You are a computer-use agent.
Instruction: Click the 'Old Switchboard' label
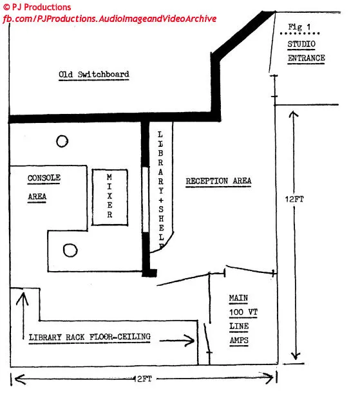point(94,74)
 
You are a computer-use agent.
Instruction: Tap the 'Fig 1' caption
point(299,27)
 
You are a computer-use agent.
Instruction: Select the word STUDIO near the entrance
point(301,44)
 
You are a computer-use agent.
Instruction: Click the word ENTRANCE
point(306,58)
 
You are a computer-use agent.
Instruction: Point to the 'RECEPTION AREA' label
point(218,181)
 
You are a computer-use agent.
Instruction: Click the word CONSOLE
point(44,178)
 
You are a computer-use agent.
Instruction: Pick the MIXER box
point(109,197)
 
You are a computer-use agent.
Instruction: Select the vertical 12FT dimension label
point(294,199)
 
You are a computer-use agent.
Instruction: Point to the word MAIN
point(238,297)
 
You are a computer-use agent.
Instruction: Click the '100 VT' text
point(243,312)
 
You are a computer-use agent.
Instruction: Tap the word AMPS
point(239,340)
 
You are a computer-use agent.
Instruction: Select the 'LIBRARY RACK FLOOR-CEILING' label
point(90,337)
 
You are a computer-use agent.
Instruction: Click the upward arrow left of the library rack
point(23,316)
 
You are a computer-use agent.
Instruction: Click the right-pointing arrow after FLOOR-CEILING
point(177,341)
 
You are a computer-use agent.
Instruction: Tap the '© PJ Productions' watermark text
point(37,7)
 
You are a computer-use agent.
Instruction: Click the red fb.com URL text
point(109,19)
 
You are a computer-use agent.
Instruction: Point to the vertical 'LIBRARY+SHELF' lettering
point(160,190)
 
